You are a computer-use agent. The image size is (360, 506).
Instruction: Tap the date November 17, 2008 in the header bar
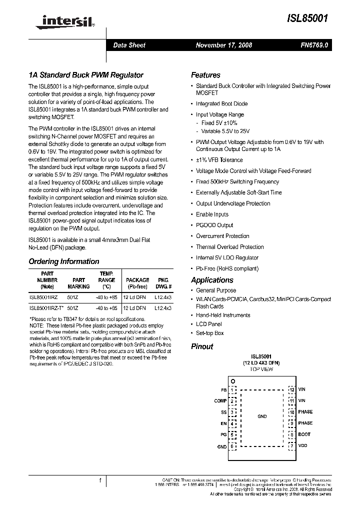point(223,45)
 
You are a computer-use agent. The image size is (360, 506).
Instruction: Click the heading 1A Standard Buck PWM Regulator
point(86,74)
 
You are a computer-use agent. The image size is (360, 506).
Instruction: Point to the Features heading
point(205,75)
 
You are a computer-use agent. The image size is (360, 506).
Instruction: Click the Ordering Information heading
point(64,261)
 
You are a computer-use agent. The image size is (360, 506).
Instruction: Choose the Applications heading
point(212,280)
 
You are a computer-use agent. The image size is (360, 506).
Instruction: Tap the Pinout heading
point(202,346)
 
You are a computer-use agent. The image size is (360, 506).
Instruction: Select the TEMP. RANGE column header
point(106,280)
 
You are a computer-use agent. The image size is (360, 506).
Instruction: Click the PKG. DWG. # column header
point(163,283)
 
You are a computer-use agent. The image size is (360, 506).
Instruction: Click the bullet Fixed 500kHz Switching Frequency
point(237,181)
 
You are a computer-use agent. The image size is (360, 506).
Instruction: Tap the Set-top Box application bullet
point(209,333)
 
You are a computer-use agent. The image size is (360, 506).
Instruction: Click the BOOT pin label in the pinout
point(304,434)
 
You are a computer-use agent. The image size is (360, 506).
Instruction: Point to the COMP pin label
point(220,400)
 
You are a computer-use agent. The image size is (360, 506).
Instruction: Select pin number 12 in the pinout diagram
point(291,389)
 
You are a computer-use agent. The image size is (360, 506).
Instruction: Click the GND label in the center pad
point(262,416)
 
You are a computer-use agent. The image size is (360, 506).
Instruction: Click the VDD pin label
point(302,445)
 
